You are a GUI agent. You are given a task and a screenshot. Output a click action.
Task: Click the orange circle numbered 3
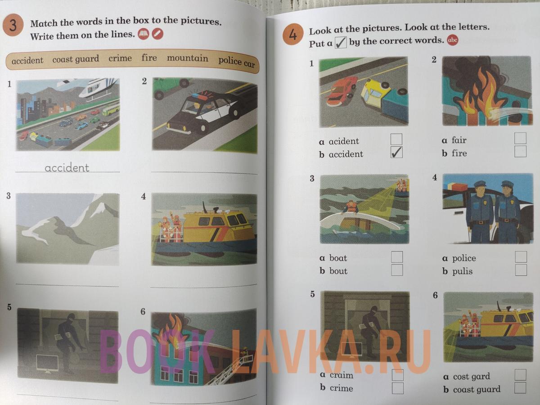(x=13, y=26)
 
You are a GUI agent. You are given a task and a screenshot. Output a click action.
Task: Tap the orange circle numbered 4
(x=293, y=35)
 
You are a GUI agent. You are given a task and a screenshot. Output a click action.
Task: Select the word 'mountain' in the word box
(x=188, y=58)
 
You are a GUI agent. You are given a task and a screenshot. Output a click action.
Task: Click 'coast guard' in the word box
(x=76, y=59)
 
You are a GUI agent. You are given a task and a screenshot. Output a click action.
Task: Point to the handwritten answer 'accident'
(x=67, y=168)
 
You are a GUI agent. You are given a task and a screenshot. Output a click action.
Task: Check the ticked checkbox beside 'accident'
(x=396, y=153)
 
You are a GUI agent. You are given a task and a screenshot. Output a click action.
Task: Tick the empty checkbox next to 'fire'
(x=520, y=152)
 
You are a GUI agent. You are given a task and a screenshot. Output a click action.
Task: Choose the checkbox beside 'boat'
(x=396, y=257)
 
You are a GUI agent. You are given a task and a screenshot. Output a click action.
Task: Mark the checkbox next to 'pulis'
(x=521, y=270)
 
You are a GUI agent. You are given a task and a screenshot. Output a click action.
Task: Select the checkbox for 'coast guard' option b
(x=520, y=388)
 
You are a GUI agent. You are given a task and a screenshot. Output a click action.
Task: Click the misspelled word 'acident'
(x=344, y=141)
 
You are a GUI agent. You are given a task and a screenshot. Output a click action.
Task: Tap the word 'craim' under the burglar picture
(x=341, y=375)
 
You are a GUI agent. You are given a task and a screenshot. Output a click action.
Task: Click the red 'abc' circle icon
(x=452, y=40)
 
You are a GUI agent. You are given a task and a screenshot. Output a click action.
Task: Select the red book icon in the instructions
(x=144, y=34)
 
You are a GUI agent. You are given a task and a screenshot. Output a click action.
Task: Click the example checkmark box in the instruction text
(x=341, y=43)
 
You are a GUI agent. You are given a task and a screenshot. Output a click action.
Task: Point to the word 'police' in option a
(x=464, y=258)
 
